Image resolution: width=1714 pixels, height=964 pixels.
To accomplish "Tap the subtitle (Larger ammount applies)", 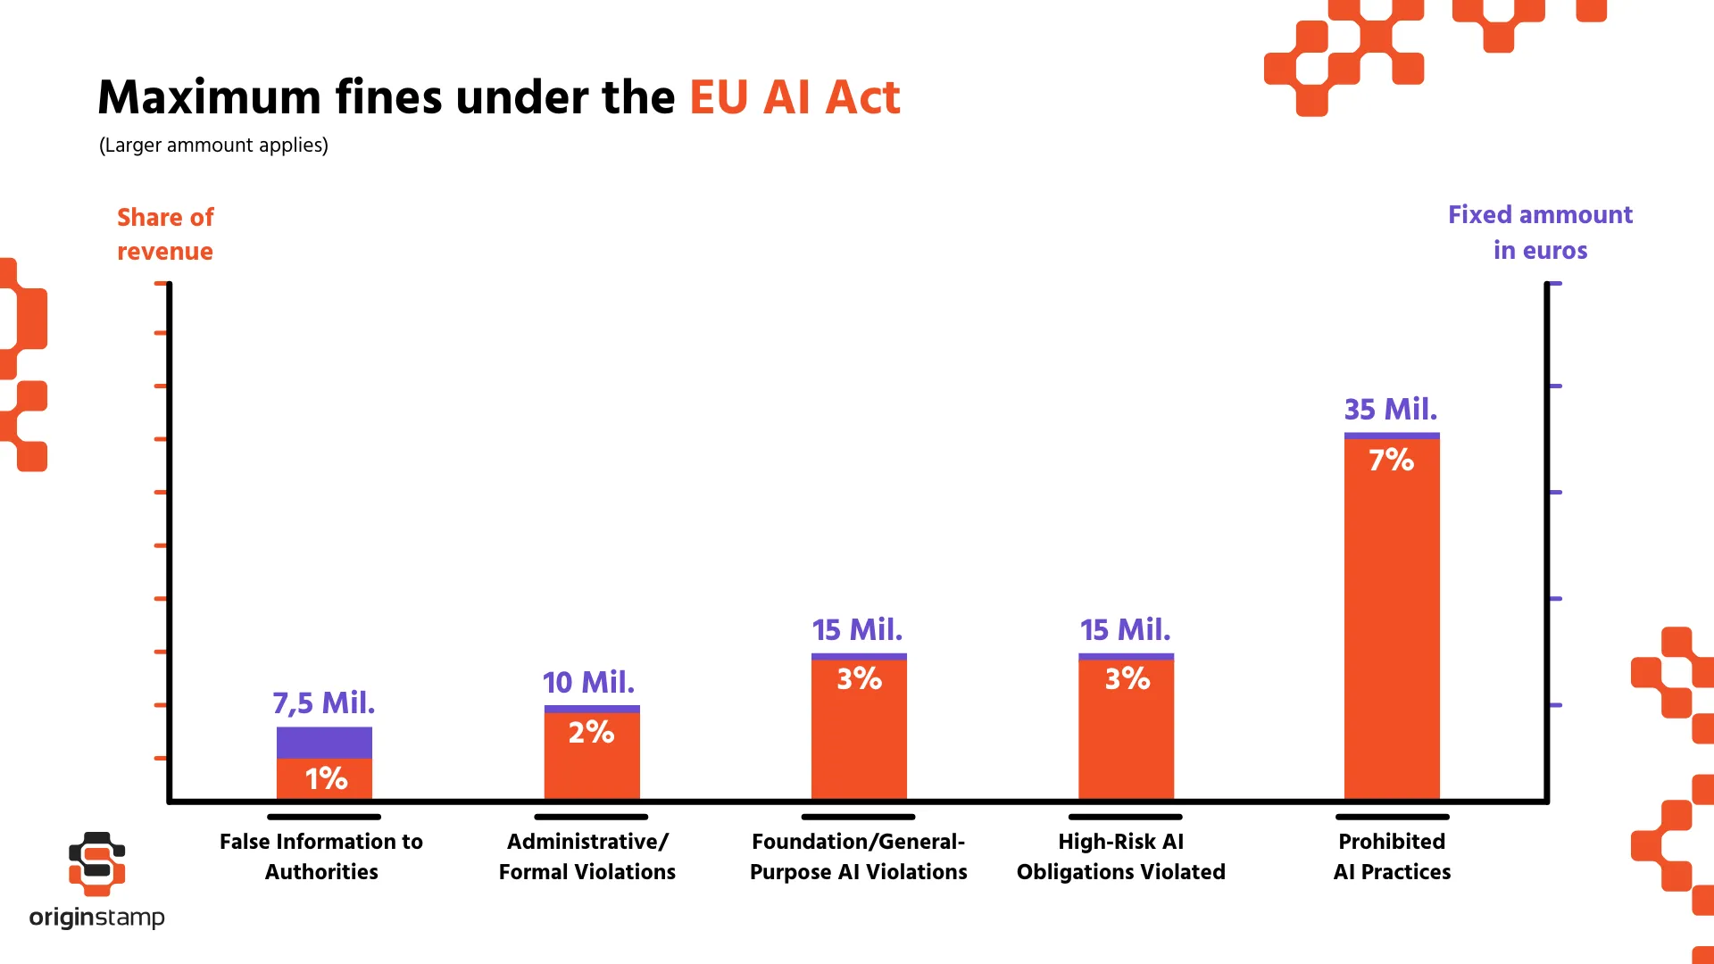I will [213, 145].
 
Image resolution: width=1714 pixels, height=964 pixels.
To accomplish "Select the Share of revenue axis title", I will [165, 234].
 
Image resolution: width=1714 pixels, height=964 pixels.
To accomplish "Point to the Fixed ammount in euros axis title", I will [1540, 232].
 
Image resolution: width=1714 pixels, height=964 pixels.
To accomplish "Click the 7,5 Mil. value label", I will [323, 702].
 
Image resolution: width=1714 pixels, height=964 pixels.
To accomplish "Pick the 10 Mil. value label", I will [588, 682].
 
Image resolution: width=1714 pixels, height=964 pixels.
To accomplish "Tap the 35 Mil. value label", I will [1391, 409].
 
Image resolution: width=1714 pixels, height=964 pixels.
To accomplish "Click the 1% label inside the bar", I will [326, 778].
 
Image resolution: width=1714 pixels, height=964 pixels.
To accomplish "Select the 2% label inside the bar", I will [591, 732].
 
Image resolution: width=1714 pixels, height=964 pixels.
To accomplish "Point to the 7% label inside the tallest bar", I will [1391, 460].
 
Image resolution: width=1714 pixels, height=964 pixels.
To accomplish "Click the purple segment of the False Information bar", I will [324, 743].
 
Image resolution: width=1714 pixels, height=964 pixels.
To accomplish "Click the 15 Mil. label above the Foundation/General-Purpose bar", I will [857, 629].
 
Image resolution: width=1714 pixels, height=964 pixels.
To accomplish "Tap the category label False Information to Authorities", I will [321, 856].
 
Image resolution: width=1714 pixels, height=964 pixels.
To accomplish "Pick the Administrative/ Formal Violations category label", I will [587, 856].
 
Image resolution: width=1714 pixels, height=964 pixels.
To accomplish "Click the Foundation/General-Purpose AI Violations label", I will [858, 856].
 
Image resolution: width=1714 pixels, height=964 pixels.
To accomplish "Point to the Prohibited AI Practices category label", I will [1392, 856].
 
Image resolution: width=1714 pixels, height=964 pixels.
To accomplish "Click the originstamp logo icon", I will [97, 863].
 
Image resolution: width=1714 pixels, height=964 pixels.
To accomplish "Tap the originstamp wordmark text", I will [96, 917].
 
